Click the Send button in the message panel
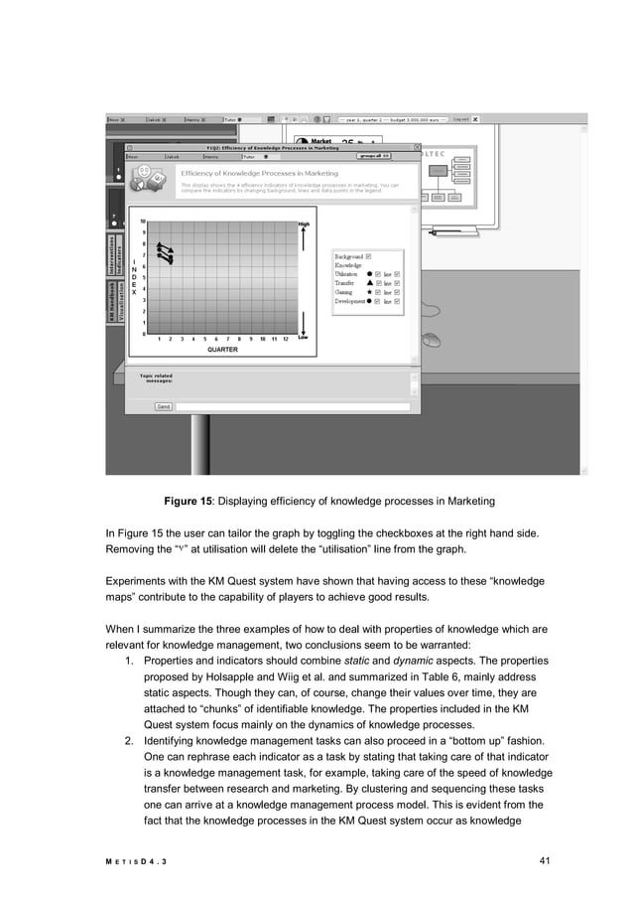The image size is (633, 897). click(x=164, y=406)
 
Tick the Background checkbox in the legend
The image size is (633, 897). click(x=368, y=256)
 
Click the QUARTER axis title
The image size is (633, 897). click(x=222, y=350)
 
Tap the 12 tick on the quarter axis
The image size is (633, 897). click(x=285, y=339)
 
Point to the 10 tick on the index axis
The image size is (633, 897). click(x=144, y=222)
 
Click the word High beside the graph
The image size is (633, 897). click(x=304, y=224)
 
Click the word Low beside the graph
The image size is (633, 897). click(x=304, y=337)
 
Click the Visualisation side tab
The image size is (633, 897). click(x=122, y=300)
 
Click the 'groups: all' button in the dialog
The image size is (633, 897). click(x=374, y=156)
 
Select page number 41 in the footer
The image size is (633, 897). click(x=544, y=860)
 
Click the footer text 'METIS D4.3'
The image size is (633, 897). click(x=137, y=861)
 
